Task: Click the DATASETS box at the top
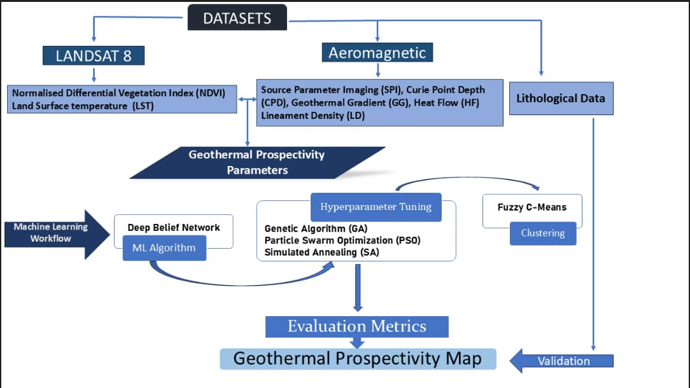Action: (237, 18)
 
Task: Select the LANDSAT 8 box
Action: (94, 55)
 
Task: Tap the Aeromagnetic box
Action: (377, 53)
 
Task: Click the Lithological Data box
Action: (561, 99)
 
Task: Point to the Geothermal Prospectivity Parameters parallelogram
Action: (257, 162)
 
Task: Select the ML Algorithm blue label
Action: (164, 247)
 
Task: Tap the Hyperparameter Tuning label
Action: (376, 207)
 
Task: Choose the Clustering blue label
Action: (542, 233)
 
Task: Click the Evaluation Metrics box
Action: (356, 326)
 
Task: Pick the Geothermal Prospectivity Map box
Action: (357, 358)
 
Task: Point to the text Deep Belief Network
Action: (173, 228)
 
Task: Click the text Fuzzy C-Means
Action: (532, 207)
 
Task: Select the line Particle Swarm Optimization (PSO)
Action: (342, 240)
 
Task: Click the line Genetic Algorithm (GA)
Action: (316, 228)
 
